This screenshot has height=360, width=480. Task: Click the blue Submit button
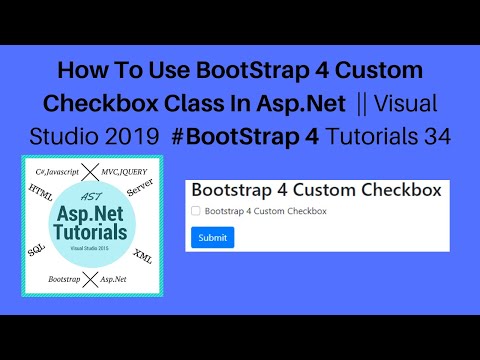(x=212, y=237)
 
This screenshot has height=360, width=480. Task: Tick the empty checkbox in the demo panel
(x=195, y=212)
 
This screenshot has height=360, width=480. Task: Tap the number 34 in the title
(x=437, y=135)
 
